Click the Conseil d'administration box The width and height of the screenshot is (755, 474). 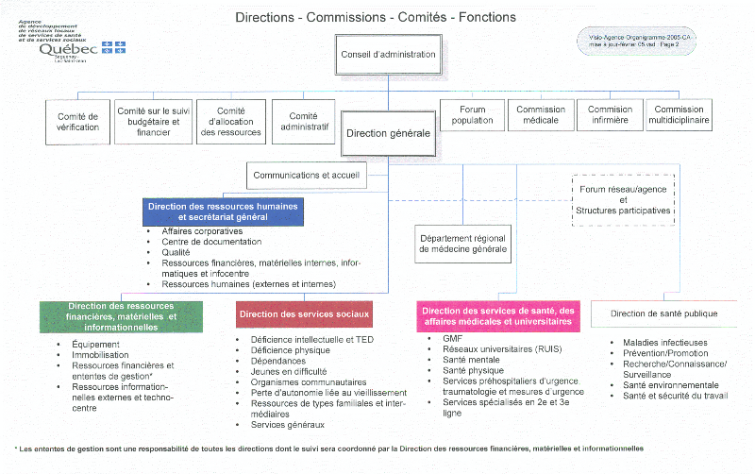tap(388, 54)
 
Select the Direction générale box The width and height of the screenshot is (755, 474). tap(388, 133)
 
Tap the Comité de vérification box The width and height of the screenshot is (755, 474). tap(78, 121)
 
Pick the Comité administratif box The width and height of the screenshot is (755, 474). tap(304, 121)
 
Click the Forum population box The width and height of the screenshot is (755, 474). tap(472, 115)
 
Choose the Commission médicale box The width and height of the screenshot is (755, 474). tap(540, 115)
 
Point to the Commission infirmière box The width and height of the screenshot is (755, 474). tap(610, 115)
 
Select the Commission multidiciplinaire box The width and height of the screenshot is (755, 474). tap(679, 115)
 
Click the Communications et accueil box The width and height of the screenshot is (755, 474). tap(306, 175)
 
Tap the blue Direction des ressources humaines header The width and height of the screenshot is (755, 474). tap(223, 212)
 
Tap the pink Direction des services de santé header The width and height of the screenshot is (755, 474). tap(497, 316)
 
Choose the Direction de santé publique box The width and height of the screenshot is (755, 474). tap(663, 313)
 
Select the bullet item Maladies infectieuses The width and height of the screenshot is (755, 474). tap(664, 342)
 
